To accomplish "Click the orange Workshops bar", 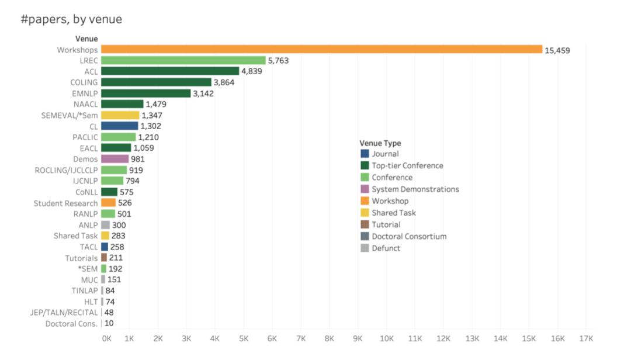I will pos(321,50).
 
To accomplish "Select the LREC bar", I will pos(183,60).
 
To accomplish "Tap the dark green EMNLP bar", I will pos(145,94).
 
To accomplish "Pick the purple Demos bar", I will pos(115,159).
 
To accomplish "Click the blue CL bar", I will pos(119,126).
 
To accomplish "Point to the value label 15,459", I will pos(557,50).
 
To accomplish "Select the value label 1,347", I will pos(152,115).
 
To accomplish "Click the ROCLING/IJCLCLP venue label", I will pos(67,170).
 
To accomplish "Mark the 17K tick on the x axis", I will pos(586,338).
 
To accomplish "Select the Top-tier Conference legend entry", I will pos(407,166).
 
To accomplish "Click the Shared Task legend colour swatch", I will pos(365,213).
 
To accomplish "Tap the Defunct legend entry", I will pos(386,248).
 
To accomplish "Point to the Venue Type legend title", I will pos(380,143).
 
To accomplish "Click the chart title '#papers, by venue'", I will pos(71,19).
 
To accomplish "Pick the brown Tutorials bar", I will pos(104,258).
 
